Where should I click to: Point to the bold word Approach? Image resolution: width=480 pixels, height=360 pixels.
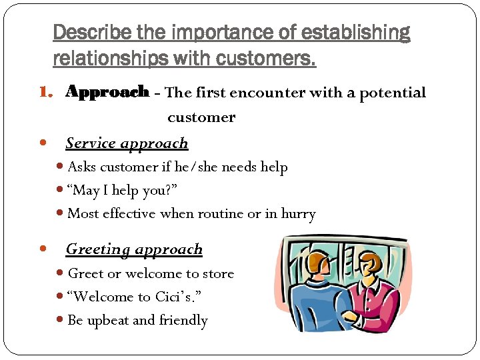107,93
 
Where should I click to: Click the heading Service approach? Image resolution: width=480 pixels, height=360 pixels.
127,143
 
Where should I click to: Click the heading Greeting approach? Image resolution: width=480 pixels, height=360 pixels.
133,249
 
